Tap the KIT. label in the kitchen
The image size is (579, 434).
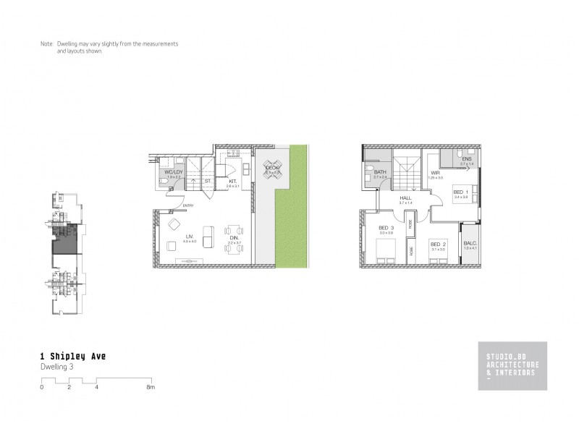click(232, 182)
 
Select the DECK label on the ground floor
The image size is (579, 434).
click(272, 168)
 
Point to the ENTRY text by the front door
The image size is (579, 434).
click(188, 205)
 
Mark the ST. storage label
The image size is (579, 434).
click(208, 181)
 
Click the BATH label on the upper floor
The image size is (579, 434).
click(381, 171)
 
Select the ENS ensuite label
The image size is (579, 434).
click(467, 159)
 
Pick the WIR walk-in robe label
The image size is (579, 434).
click(436, 173)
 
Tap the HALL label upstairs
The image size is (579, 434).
click(405, 198)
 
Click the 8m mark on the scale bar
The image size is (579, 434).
click(151, 388)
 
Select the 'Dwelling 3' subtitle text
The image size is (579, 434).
click(57, 367)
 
